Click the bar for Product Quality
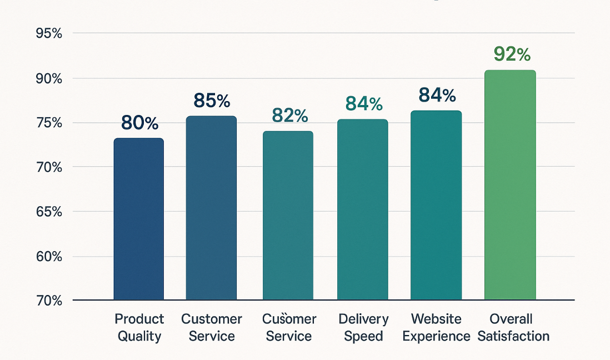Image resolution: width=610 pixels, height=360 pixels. [138, 219]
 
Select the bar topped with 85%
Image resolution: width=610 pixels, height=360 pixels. [211, 208]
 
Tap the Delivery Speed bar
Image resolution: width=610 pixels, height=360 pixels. [362, 210]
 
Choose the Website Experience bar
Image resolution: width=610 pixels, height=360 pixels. [436, 206]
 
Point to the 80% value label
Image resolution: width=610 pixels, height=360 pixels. [139, 123]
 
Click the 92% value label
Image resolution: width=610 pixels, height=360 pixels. [512, 54]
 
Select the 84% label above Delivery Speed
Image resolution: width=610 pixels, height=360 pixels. [364, 104]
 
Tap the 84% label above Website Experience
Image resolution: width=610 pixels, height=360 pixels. [437, 96]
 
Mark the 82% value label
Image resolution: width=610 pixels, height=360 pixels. [289, 115]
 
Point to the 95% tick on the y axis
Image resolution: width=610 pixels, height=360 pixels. [48, 33]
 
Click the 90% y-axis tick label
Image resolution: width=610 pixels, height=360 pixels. [48, 78]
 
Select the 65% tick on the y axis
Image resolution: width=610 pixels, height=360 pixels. [48, 212]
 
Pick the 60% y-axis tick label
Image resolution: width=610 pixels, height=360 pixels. [48, 257]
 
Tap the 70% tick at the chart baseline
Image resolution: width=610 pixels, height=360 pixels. [48, 301]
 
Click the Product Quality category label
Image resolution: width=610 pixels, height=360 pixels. [139, 327]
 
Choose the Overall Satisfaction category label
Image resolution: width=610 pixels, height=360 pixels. [513, 327]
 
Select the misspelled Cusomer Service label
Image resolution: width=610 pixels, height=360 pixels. [289, 327]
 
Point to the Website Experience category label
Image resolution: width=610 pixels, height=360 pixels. [437, 327]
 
